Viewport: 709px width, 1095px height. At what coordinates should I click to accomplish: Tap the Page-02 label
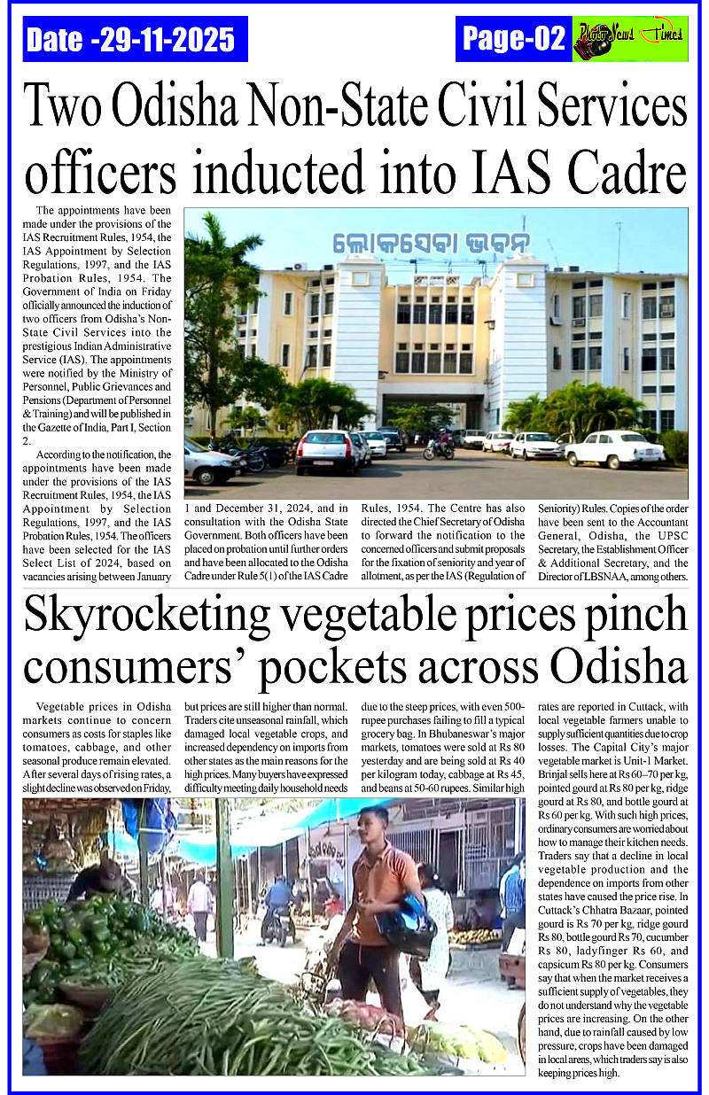[514, 39]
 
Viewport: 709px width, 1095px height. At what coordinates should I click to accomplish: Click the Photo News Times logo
[630, 40]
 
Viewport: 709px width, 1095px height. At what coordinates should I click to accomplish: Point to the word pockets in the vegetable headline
[404, 666]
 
